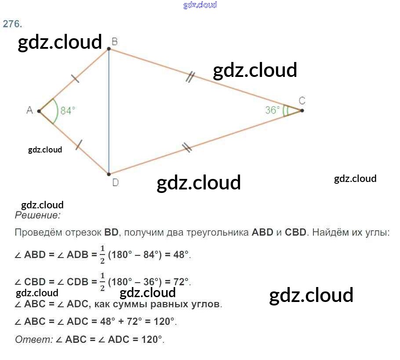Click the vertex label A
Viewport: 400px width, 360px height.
(29, 110)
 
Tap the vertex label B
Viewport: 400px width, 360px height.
(114, 42)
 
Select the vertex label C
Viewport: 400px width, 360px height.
(302, 101)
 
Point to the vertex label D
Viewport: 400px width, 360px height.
(115, 182)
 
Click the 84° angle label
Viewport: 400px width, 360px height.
(68, 111)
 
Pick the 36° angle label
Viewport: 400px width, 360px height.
(273, 110)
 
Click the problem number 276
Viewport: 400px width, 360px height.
(12, 24)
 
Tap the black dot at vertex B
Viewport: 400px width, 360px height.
(109, 49)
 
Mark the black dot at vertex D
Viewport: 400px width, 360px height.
(109, 174)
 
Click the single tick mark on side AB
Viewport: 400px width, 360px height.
(75, 79)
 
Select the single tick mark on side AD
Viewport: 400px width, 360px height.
(79, 145)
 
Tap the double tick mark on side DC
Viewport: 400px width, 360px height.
(187, 148)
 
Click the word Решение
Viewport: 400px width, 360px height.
(37, 215)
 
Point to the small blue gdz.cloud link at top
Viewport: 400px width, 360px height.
(200, 5)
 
